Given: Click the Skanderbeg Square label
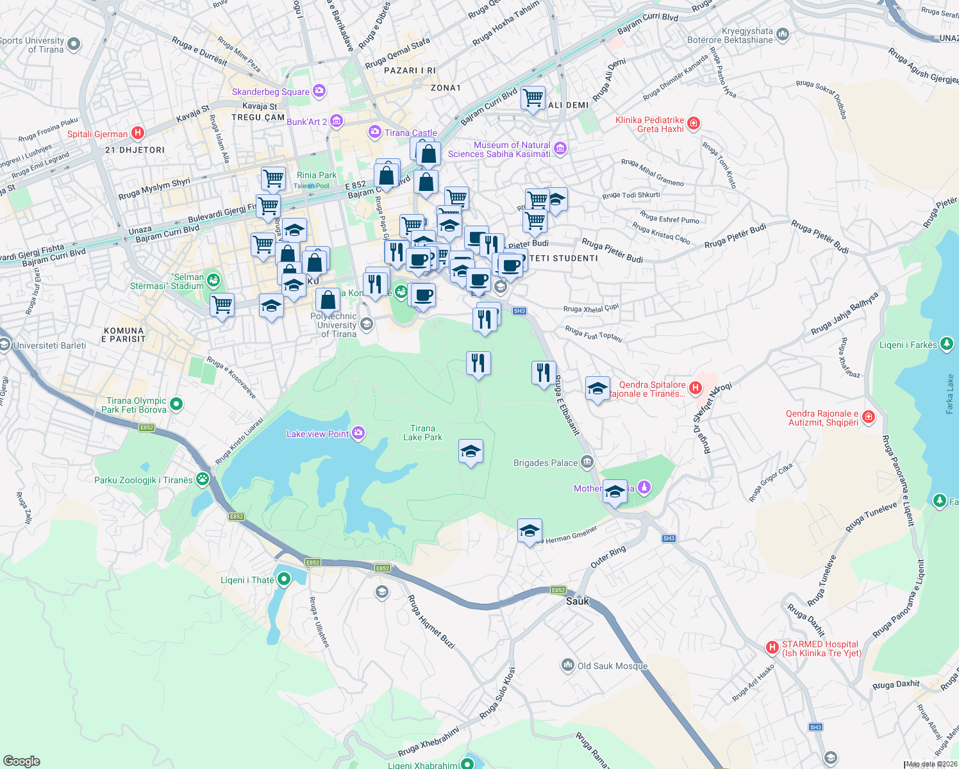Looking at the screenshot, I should [x=271, y=92].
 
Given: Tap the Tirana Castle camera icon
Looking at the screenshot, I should [x=375, y=132].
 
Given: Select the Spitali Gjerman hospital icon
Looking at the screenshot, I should [x=137, y=133].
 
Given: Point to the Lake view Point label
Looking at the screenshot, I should [x=317, y=434].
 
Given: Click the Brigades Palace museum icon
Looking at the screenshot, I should [x=587, y=462].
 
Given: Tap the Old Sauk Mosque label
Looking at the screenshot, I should [x=612, y=666].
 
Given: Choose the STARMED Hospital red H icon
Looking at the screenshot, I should [x=772, y=648].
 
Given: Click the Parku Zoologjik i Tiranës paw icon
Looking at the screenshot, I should [x=203, y=479].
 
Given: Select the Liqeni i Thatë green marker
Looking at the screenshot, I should [x=283, y=579].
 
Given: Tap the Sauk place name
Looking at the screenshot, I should [x=578, y=601].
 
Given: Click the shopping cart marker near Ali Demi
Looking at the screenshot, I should [x=533, y=99].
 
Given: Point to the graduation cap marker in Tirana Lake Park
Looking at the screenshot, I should [x=471, y=452].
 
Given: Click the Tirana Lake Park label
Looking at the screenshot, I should [x=422, y=433].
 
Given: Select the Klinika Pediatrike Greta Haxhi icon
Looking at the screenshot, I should [x=693, y=123].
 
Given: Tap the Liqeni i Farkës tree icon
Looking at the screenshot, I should [x=947, y=344].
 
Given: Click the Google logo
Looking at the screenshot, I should [x=21, y=761].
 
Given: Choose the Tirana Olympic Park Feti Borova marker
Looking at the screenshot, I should [x=176, y=404].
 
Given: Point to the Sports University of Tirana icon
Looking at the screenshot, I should [x=74, y=44].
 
